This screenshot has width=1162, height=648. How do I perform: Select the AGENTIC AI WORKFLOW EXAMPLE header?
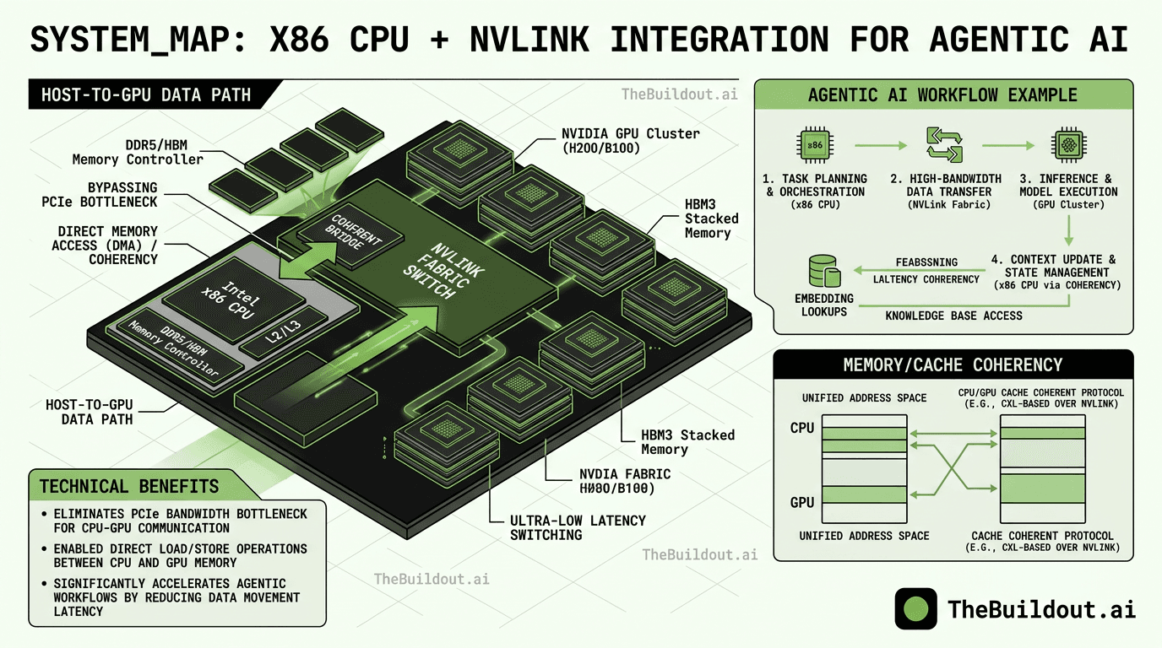click(x=942, y=94)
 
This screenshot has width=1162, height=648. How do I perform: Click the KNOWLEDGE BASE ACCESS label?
click(x=953, y=316)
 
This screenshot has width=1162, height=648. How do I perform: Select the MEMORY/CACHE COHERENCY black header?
click(x=953, y=364)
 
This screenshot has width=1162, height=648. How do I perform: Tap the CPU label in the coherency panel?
click(x=802, y=428)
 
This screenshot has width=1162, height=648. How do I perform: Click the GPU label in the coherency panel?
click(x=802, y=502)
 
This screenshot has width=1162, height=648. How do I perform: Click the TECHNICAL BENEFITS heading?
click(x=129, y=486)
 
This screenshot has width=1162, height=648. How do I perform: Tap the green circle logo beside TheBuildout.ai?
click(x=915, y=609)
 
